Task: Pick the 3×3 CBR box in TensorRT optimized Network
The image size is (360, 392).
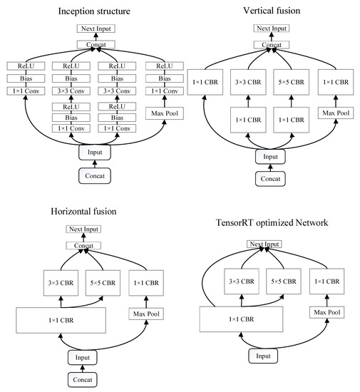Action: [242, 282]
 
